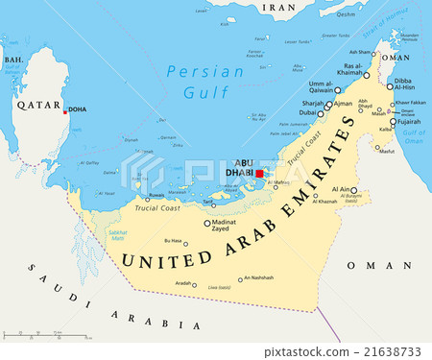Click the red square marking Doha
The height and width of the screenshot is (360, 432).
pos(65,111)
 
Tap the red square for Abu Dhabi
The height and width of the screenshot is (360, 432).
pos(259,174)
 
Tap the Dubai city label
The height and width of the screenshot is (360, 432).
pos(307,112)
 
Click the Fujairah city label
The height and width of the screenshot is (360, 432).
pos(409,122)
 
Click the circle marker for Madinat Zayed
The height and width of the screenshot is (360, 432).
pos(206,223)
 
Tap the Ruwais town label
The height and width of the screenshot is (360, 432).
pos(156,194)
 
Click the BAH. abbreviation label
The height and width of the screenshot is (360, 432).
pos(14,60)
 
